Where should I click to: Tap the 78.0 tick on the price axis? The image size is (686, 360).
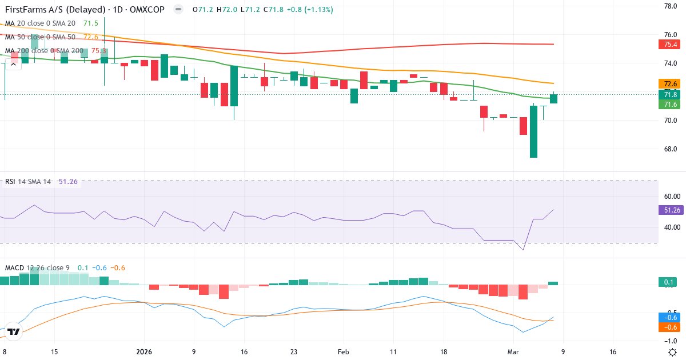[670, 6]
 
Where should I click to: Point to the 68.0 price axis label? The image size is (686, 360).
[670, 149]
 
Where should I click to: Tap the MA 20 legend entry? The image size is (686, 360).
[43, 23]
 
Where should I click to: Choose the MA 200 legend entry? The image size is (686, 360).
[46, 51]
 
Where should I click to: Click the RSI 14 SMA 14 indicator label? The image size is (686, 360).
[29, 182]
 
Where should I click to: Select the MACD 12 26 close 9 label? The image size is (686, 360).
[38, 268]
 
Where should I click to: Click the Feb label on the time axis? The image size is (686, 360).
[343, 352]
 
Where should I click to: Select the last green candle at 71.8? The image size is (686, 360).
[553, 98]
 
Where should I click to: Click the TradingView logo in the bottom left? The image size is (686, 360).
[14, 331]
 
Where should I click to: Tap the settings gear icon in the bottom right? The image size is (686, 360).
[673, 351]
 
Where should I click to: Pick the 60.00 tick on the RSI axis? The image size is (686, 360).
[670, 196]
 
